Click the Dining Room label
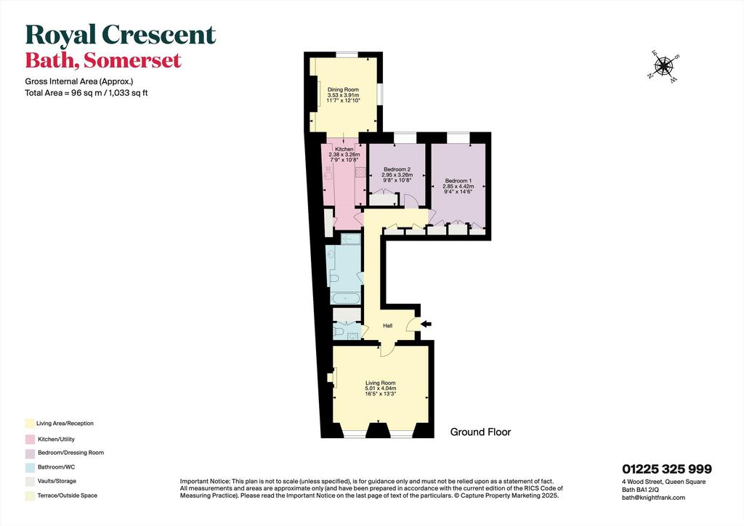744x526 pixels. [x=344, y=89]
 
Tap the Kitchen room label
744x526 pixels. [x=344, y=150]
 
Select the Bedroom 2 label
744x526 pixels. [x=397, y=169]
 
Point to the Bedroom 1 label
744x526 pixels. [x=458, y=181]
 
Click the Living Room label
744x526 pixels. [x=381, y=383]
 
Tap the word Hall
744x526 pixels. [x=388, y=326]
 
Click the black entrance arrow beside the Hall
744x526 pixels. [x=426, y=324]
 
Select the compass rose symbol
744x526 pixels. [x=664, y=67]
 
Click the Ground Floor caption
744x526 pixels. [x=480, y=432]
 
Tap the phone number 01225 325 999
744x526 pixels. [x=667, y=469]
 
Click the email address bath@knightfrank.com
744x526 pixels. [x=653, y=498]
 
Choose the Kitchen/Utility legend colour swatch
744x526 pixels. [x=30, y=440]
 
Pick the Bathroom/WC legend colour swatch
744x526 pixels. [x=30, y=467]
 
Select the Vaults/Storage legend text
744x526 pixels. [x=57, y=481]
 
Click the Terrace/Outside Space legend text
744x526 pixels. [x=68, y=495]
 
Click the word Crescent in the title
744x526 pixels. [x=159, y=36]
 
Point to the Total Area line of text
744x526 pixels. [x=86, y=93]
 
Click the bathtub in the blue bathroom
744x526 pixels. [x=345, y=299]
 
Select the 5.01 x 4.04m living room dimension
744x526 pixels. [x=381, y=389]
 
